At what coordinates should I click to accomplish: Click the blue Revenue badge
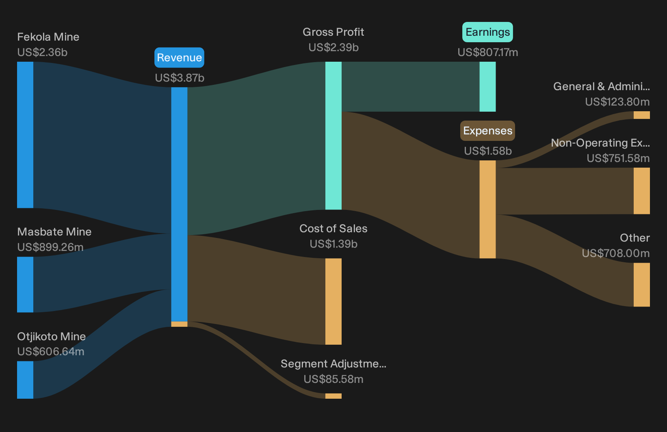pos(179,58)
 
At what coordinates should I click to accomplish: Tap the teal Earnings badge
pos(487,32)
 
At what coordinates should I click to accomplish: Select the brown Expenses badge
pos(487,131)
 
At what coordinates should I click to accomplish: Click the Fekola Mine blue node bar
pos(25,135)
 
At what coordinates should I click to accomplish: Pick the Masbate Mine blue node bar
pos(25,285)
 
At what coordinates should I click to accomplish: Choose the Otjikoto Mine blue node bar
pos(25,380)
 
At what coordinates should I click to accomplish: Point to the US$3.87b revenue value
pos(180,78)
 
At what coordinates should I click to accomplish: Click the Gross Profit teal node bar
pos(333,136)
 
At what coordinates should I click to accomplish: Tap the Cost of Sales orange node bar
pos(333,302)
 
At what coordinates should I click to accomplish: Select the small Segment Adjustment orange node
pos(333,396)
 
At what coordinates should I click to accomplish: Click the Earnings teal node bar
pos(488,86)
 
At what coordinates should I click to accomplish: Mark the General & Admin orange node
pos(642,115)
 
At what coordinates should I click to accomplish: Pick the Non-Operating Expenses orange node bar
pos(642,191)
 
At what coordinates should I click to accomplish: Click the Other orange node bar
pos(642,285)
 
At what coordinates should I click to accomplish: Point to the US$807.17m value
pos(488,52)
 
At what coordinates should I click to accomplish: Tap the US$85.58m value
pos(333,379)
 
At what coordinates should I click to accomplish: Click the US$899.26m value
pos(50,247)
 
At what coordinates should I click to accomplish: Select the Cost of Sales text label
pos(333,228)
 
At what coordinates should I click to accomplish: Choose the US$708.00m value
pos(616,253)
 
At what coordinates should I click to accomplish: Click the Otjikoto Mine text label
pos(52,337)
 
